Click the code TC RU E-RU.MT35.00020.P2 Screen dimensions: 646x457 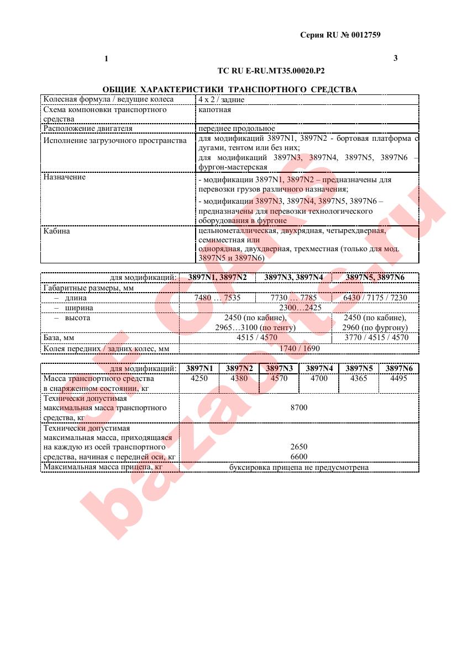pyautogui.click(x=271, y=71)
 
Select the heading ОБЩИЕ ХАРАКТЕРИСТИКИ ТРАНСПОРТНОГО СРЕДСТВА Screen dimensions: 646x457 pyautogui.click(x=229, y=89)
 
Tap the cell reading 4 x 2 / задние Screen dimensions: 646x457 pyautogui.click(x=221, y=100)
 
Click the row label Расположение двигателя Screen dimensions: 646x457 pyautogui.click(x=88, y=129)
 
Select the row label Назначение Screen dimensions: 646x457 pyautogui.click(x=65, y=178)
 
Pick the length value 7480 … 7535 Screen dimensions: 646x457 pyautogui.click(x=217, y=298)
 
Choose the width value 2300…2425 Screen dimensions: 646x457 pyautogui.click(x=298, y=308)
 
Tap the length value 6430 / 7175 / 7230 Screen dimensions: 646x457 pyautogui.click(x=375, y=298)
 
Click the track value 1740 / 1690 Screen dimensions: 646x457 pyautogui.click(x=298, y=348)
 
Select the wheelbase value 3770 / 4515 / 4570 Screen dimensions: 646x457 pyautogui.click(x=375, y=337)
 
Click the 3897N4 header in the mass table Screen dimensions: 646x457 pyautogui.click(x=319, y=368)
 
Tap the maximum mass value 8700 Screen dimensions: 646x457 pyautogui.click(x=298, y=407)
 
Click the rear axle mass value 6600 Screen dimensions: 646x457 pyautogui.click(x=298, y=457)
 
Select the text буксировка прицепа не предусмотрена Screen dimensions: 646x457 pyautogui.click(x=298, y=468)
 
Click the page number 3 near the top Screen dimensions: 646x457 pyautogui.click(x=395, y=58)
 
